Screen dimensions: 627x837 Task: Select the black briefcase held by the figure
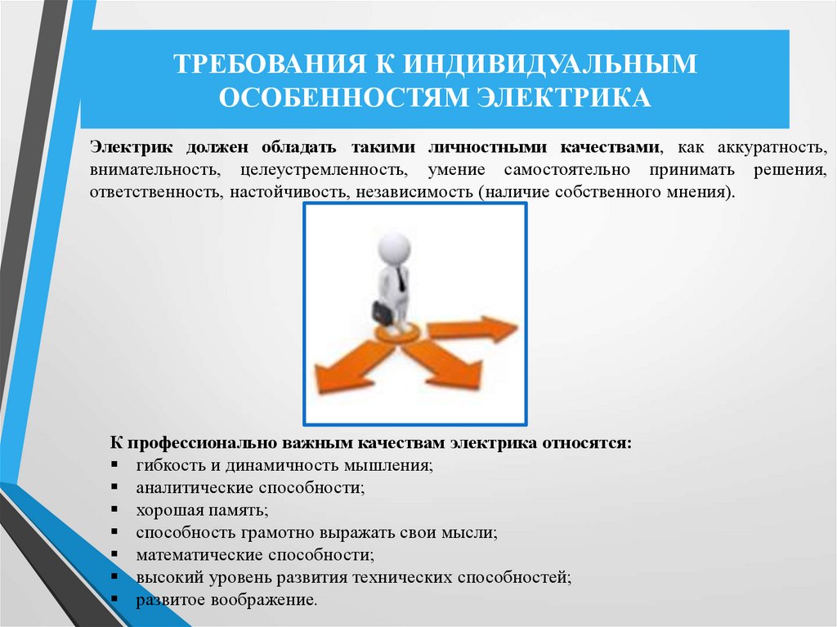[x=383, y=312]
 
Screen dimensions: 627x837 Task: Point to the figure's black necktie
[x=401, y=279]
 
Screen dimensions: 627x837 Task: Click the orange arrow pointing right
[x=474, y=329]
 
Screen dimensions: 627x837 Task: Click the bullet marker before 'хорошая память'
[x=114, y=511]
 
